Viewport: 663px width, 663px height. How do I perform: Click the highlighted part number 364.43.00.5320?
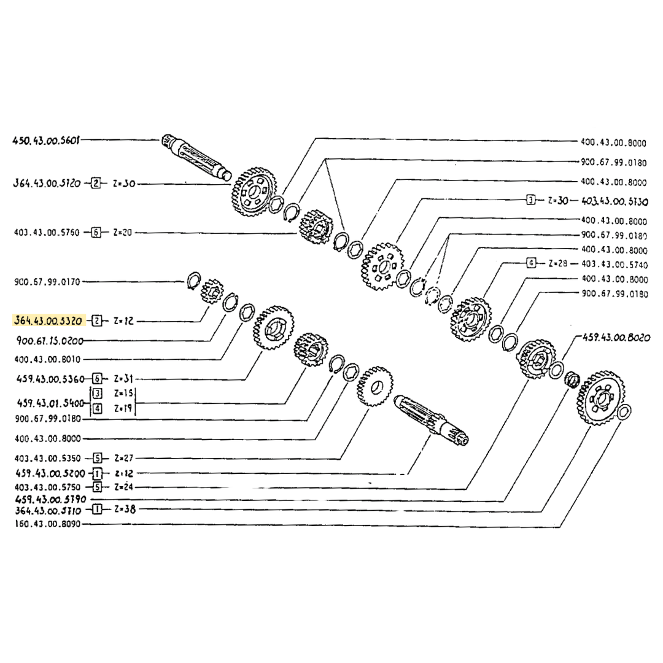47,320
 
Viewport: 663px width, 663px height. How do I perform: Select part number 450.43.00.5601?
47,140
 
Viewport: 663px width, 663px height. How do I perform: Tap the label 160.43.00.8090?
47,524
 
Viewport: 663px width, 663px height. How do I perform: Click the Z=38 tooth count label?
125,509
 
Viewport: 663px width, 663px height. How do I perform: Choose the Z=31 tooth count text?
125,379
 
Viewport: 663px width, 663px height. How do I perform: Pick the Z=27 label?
125,458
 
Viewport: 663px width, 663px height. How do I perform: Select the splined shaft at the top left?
195,158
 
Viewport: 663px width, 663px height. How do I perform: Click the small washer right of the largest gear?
623,413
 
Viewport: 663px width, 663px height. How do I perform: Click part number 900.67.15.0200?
47,341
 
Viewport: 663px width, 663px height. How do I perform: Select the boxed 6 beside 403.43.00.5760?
95,233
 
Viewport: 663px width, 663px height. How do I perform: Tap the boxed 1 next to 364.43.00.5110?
96,509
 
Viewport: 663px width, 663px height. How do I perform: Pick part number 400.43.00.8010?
47,359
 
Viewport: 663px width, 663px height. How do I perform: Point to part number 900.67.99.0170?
47,282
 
